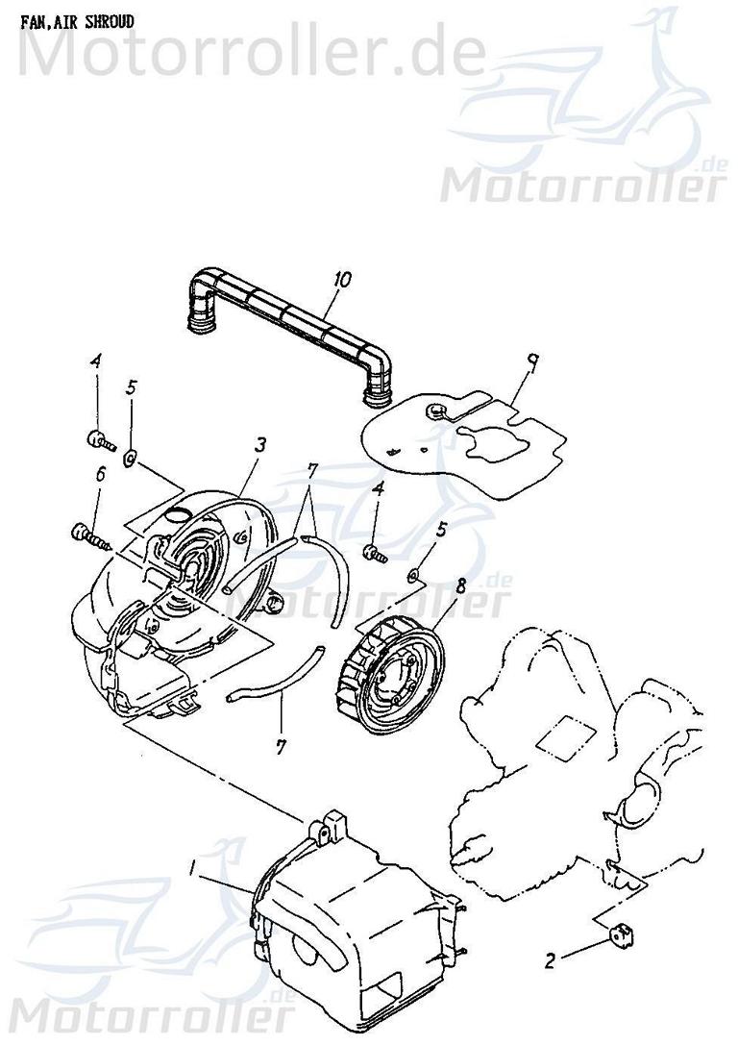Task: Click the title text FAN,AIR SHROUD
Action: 78,20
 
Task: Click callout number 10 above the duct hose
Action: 342,280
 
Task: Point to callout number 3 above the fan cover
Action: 259,445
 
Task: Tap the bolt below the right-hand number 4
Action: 374,552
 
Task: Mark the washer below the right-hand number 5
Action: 412,575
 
